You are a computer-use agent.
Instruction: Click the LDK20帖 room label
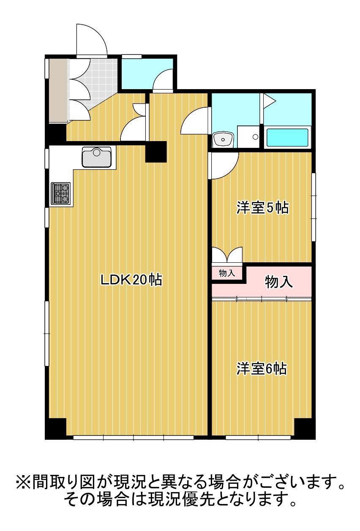point(131,280)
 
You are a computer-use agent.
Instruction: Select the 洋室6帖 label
point(261,369)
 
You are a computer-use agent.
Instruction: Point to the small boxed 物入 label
point(226,273)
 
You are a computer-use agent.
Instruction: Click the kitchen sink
point(96,157)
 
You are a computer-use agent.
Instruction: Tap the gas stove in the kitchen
point(60,193)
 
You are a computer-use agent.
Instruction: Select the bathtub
point(288,137)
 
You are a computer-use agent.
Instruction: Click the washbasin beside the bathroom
point(223,139)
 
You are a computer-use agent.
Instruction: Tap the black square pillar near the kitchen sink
point(156,152)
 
